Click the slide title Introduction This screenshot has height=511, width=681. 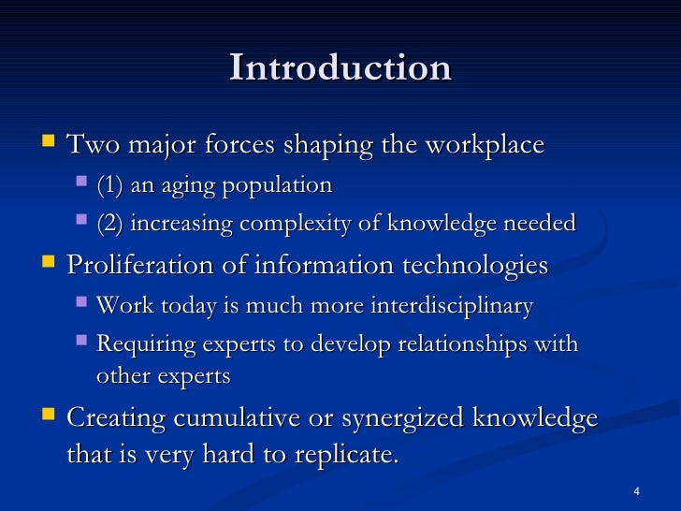coord(340,68)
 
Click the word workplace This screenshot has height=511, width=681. coord(484,146)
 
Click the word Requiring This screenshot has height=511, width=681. coord(140,344)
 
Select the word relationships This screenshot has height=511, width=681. coord(463,344)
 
